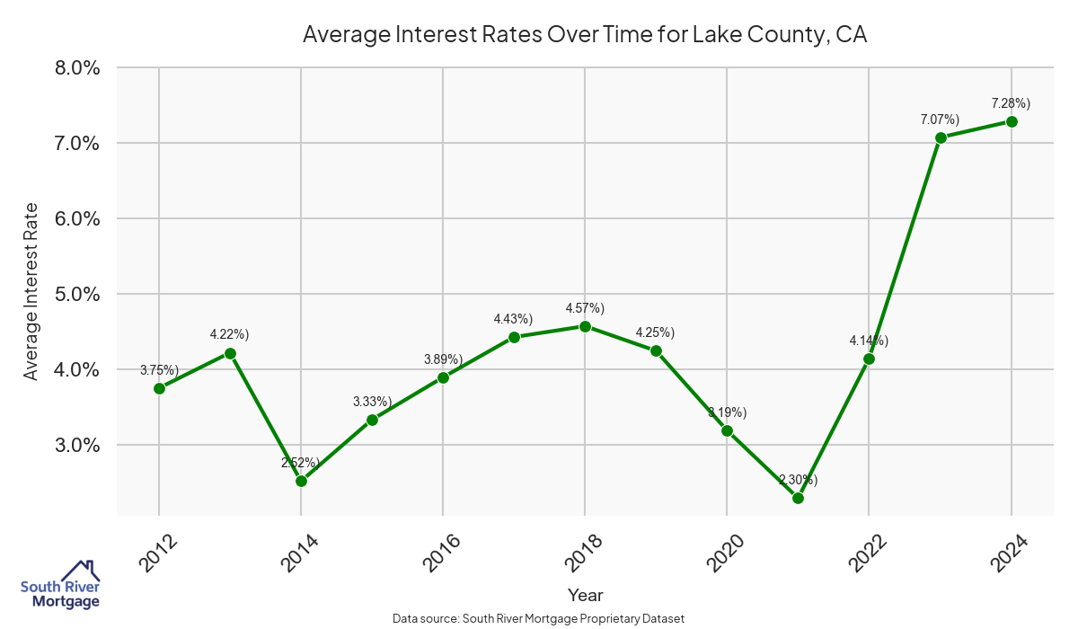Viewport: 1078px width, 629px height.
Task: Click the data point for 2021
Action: [x=798, y=498]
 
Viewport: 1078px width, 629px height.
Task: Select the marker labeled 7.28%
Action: [x=1012, y=121]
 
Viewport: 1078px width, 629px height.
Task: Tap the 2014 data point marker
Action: [x=301, y=481]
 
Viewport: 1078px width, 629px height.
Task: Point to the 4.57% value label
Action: [x=585, y=308]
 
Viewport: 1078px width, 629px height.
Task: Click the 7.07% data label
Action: [x=940, y=120]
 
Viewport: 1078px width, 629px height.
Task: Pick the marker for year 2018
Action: [x=585, y=326]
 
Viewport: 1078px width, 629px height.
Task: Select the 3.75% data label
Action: [x=159, y=370]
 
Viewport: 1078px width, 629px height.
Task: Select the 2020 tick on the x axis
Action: [x=724, y=554]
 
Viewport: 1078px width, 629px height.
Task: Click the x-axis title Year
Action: [x=585, y=595]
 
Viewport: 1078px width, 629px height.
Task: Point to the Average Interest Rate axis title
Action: [x=31, y=291]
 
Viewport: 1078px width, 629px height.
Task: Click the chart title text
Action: [x=584, y=34]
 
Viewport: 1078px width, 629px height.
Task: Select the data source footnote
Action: [x=539, y=618]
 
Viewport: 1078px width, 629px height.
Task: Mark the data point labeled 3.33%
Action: [x=372, y=420]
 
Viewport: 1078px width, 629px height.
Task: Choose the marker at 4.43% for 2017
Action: [x=514, y=337]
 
